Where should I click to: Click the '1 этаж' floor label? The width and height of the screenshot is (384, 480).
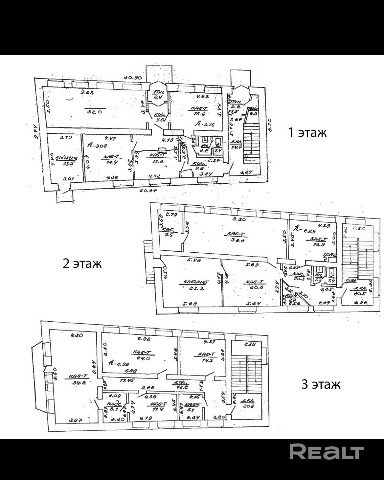307,133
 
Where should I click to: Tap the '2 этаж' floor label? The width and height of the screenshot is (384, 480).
82,263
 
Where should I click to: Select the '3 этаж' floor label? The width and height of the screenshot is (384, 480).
321,384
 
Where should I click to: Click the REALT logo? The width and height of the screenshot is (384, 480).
326,452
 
